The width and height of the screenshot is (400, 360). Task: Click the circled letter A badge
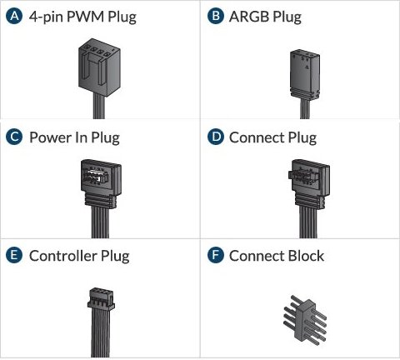[14, 17]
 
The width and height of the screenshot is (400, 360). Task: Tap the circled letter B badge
[216, 16]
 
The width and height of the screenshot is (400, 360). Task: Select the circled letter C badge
[14, 137]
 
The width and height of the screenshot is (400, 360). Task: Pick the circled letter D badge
[216, 137]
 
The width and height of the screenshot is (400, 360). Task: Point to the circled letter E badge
[14, 255]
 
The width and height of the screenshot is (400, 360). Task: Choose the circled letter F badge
[216, 255]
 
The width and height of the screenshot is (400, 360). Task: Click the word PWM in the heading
[85, 16]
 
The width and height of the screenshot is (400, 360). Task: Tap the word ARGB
[249, 17]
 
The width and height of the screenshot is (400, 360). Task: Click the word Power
[50, 137]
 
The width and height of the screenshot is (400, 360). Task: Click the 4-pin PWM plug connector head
[99, 68]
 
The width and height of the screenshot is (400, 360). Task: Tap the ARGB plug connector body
[305, 74]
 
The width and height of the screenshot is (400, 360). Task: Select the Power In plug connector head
[101, 182]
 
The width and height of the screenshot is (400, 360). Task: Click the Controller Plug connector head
[101, 299]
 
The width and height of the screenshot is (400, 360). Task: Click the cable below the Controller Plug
[100, 333]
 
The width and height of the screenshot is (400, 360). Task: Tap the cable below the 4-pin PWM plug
[99, 107]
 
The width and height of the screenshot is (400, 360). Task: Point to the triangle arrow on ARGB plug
[307, 67]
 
